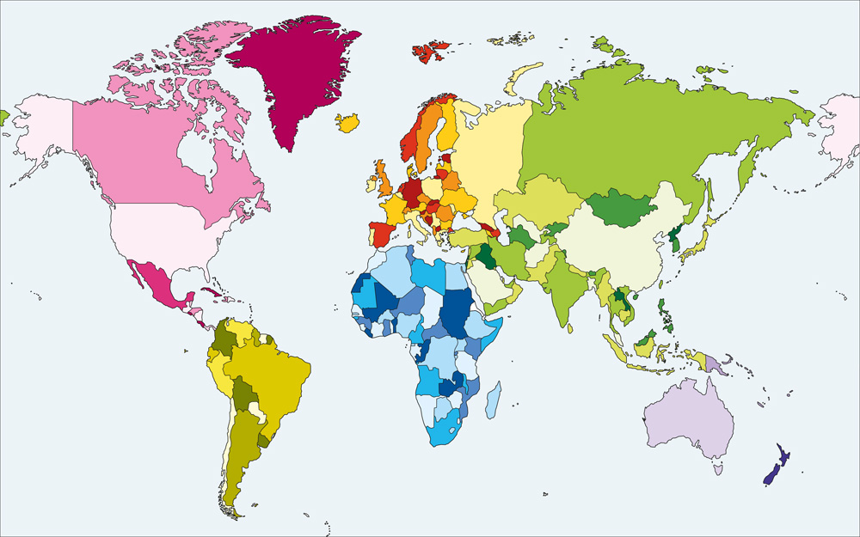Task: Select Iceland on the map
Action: (348, 123)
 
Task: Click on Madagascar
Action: (492, 401)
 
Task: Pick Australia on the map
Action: (688, 417)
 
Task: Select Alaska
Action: (43, 129)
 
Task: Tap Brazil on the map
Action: (275, 378)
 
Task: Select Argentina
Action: (245, 447)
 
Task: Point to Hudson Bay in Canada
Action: (198, 155)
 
